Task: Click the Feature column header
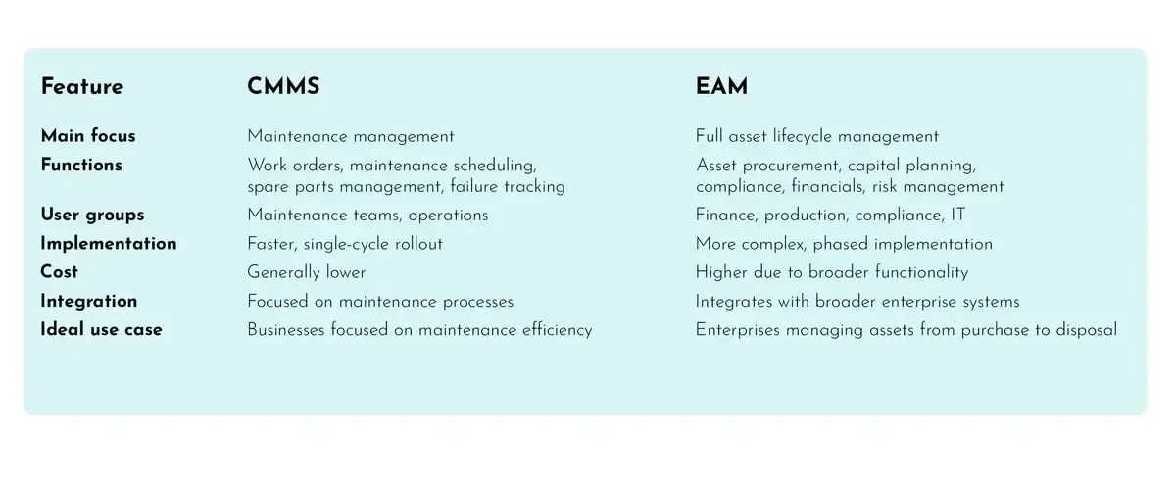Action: (82, 87)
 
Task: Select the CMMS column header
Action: (283, 87)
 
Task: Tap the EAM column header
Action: (721, 87)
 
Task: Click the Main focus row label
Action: (88, 136)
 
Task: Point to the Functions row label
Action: (81, 166)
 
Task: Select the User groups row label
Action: (92, 215)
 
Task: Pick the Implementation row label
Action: (109, 244)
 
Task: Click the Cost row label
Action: (60, 272)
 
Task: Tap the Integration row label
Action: (89, 302)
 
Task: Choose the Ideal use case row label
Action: (102, 330)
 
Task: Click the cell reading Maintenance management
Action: (351, 137)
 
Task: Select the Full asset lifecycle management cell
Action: (817, 137)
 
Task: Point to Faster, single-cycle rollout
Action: (345, 244)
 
